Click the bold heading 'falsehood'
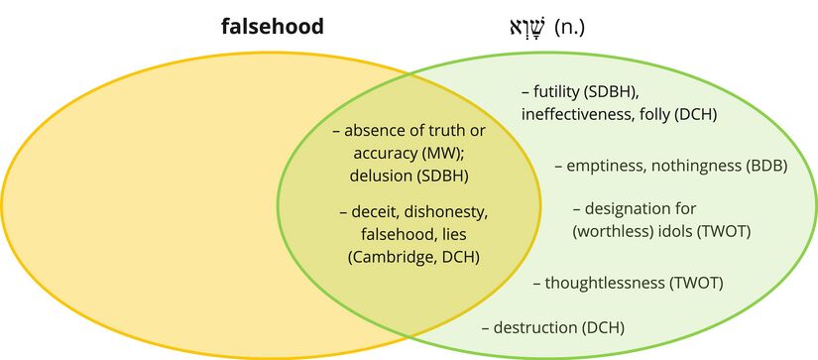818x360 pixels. point(272,27)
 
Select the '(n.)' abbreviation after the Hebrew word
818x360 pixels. point(568,27)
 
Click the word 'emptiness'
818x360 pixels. point(605,167)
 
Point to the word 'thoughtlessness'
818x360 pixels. point(606,283)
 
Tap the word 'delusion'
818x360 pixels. point(380,177)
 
